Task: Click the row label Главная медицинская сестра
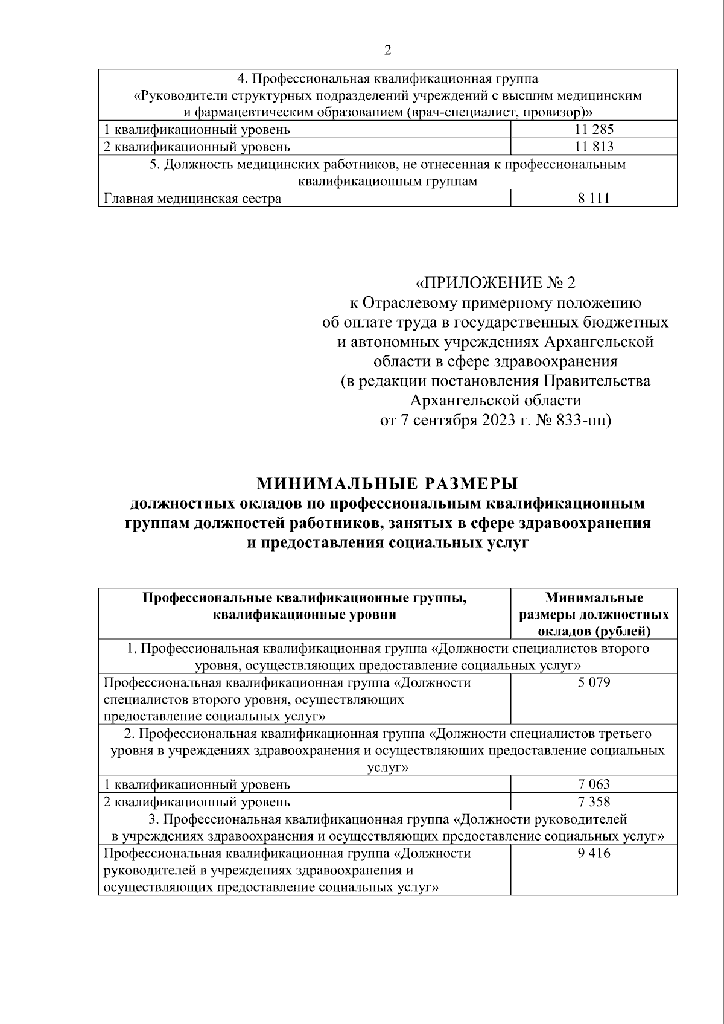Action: (192, 199)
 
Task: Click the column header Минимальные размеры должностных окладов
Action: (594, 614)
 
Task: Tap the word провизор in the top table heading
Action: (552, 112)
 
